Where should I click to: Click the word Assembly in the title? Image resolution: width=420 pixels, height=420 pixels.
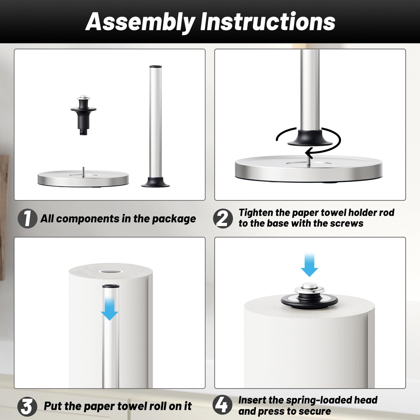(x=140, y=22)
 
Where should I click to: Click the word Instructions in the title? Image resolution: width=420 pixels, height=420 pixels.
(x=268, y=22)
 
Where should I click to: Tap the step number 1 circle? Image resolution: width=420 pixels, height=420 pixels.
(x=27, y=218)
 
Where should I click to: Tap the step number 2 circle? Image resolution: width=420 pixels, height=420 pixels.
(x=223, y=218)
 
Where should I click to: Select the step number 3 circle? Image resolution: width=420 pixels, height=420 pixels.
(x=27, y=407)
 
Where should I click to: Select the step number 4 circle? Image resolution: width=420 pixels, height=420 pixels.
(x=222, y=405)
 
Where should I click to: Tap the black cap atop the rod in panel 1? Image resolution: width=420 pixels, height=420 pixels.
(x=155, y=67)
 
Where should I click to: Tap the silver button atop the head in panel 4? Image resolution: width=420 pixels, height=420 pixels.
(x=309, y=287)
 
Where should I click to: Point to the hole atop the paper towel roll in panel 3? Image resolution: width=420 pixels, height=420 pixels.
(x=111, y=272)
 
